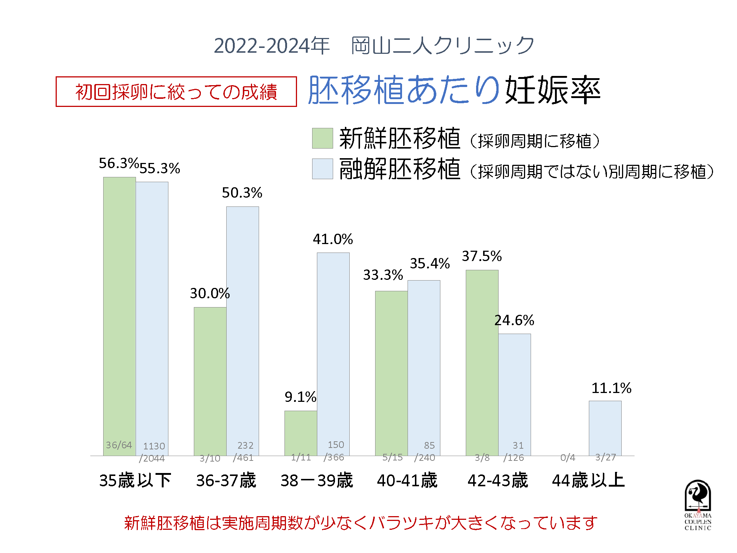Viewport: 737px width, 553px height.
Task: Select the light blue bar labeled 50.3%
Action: coord(242,324)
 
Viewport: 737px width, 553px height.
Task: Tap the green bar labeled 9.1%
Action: coord(301,431)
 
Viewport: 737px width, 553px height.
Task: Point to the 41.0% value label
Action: coord(333,239)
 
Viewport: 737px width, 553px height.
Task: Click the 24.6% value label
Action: coord(514,320)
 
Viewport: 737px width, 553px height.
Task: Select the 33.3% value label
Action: coord(383,275)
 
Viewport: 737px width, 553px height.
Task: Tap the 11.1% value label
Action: coord(611,388)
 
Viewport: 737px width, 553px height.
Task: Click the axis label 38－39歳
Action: coord(317,480)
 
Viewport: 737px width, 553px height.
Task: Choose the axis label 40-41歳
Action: coord(407,480)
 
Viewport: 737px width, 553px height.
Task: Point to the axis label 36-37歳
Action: coord(226,480)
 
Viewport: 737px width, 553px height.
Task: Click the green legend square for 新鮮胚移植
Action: coord(322,138)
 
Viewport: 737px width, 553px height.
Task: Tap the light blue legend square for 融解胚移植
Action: coord(322,169)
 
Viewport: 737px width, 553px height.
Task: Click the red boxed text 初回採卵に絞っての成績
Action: coord(176,92)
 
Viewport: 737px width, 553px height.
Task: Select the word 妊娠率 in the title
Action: coord(553,90)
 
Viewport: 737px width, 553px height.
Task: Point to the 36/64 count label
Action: coord(119,445)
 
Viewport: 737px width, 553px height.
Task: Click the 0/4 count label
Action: coord(567,458)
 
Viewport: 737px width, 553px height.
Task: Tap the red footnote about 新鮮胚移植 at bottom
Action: coord(360,523)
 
